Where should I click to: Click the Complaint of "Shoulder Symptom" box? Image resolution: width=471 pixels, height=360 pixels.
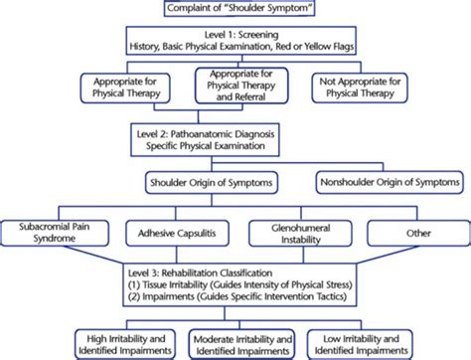point(235,10)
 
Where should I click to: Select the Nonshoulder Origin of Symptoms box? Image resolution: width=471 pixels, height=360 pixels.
point(390,182)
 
